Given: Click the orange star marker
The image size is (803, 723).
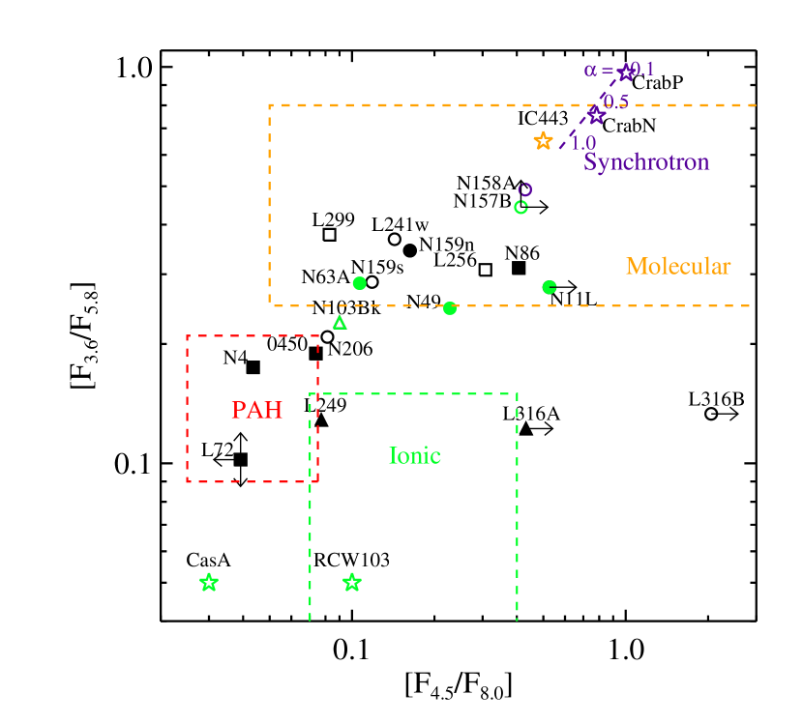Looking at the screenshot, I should point(544,141).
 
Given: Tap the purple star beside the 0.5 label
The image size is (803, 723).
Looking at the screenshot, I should point(597,116).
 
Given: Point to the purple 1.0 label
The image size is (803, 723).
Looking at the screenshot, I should point(582,143).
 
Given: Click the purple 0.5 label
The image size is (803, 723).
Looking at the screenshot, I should point(615,101).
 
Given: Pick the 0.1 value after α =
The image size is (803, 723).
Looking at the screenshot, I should point(642,69).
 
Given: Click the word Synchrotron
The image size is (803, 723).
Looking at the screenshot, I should point(646,161).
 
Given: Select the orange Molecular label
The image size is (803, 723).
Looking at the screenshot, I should point(678,266).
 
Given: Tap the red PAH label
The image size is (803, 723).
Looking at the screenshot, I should point(256,410).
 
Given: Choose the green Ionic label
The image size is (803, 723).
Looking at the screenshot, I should point(415,455).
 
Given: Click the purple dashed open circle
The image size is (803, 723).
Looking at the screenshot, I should point(525,189).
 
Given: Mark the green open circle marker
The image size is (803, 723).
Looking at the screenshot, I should point(520,207).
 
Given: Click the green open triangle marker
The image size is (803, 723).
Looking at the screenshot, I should point(340,323).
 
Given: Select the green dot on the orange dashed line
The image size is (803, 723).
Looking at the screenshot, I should point(450,308).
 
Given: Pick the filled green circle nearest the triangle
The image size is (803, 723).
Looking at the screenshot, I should point(360,283).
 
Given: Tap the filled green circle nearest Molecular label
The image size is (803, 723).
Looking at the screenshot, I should point(550,287).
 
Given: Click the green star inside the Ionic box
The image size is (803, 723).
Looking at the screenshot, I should point(352,582).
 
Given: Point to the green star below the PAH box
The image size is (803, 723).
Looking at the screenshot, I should point(209,582).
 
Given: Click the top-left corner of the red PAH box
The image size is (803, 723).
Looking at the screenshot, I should point(187,336).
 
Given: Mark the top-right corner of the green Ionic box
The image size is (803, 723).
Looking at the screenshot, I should point(518,394).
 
